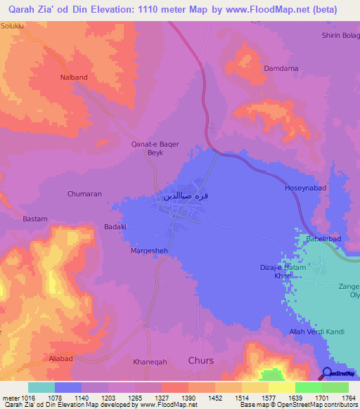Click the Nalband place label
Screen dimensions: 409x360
tap(74, 77)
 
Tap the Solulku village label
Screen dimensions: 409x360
tap(13, 25)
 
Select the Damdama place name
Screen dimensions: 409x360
tap(281, 68)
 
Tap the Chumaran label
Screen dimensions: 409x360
tap(85, 193)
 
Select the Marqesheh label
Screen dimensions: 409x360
tap(148, 250)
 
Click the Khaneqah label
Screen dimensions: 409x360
tap(150, 362)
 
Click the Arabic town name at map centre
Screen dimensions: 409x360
tap(186, 197)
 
